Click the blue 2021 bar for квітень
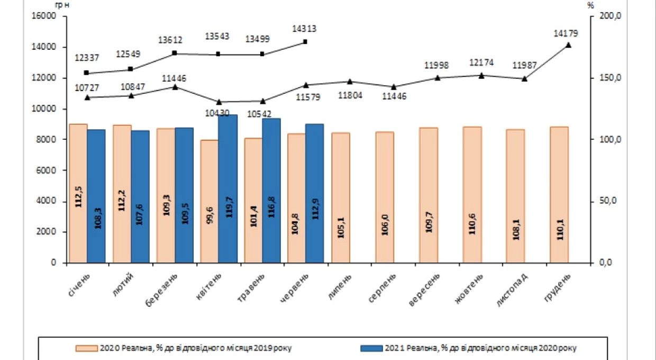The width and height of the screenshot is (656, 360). tap(228, 188)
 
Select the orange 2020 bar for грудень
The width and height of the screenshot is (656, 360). tap(559, 195)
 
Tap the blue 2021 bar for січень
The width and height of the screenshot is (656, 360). tap(96, 196)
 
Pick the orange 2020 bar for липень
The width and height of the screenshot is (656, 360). tap(341, 197)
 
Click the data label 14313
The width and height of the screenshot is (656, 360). tap(304, 29)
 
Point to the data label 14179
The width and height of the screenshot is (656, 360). tap(566, 33)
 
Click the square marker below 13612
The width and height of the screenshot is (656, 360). tap(175, 53)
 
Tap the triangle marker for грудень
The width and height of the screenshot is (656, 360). tap(568, 45)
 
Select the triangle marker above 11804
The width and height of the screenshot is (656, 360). tap(350, 82)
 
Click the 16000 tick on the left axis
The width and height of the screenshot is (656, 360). tap(44, 16)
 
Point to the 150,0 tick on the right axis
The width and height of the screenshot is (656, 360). tap(611, 78)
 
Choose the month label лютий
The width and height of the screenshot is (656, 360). tap(123, 285)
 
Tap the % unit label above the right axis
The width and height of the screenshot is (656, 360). tap(591, 5)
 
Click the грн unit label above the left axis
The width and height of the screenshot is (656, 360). tap(62, 5)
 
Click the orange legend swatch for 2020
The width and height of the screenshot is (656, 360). tap(86, 348)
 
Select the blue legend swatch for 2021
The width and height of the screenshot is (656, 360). tap(371, 348)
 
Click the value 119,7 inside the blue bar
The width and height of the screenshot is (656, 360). tap(229, 207)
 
